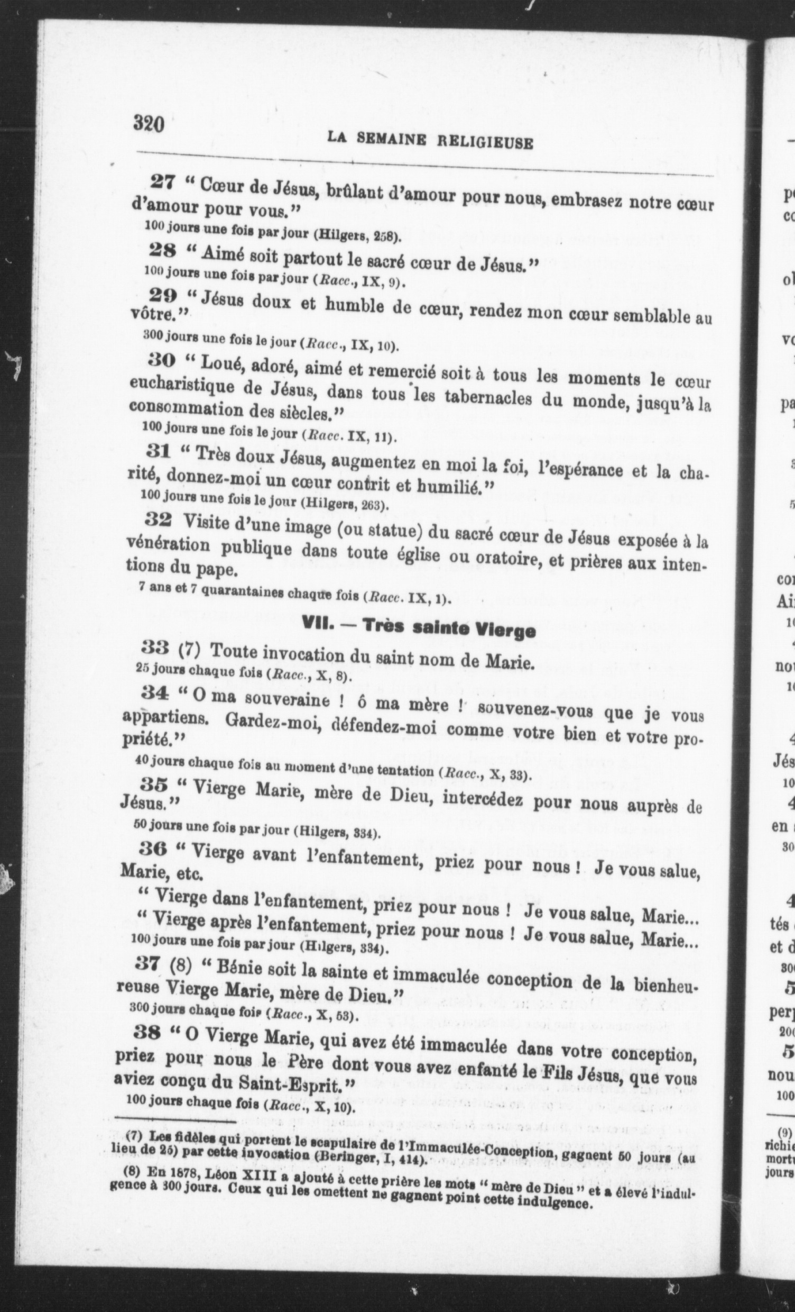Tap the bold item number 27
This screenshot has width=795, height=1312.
point(163,182)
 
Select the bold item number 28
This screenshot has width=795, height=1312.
point(162,250)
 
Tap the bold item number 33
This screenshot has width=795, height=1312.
point(155,648)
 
